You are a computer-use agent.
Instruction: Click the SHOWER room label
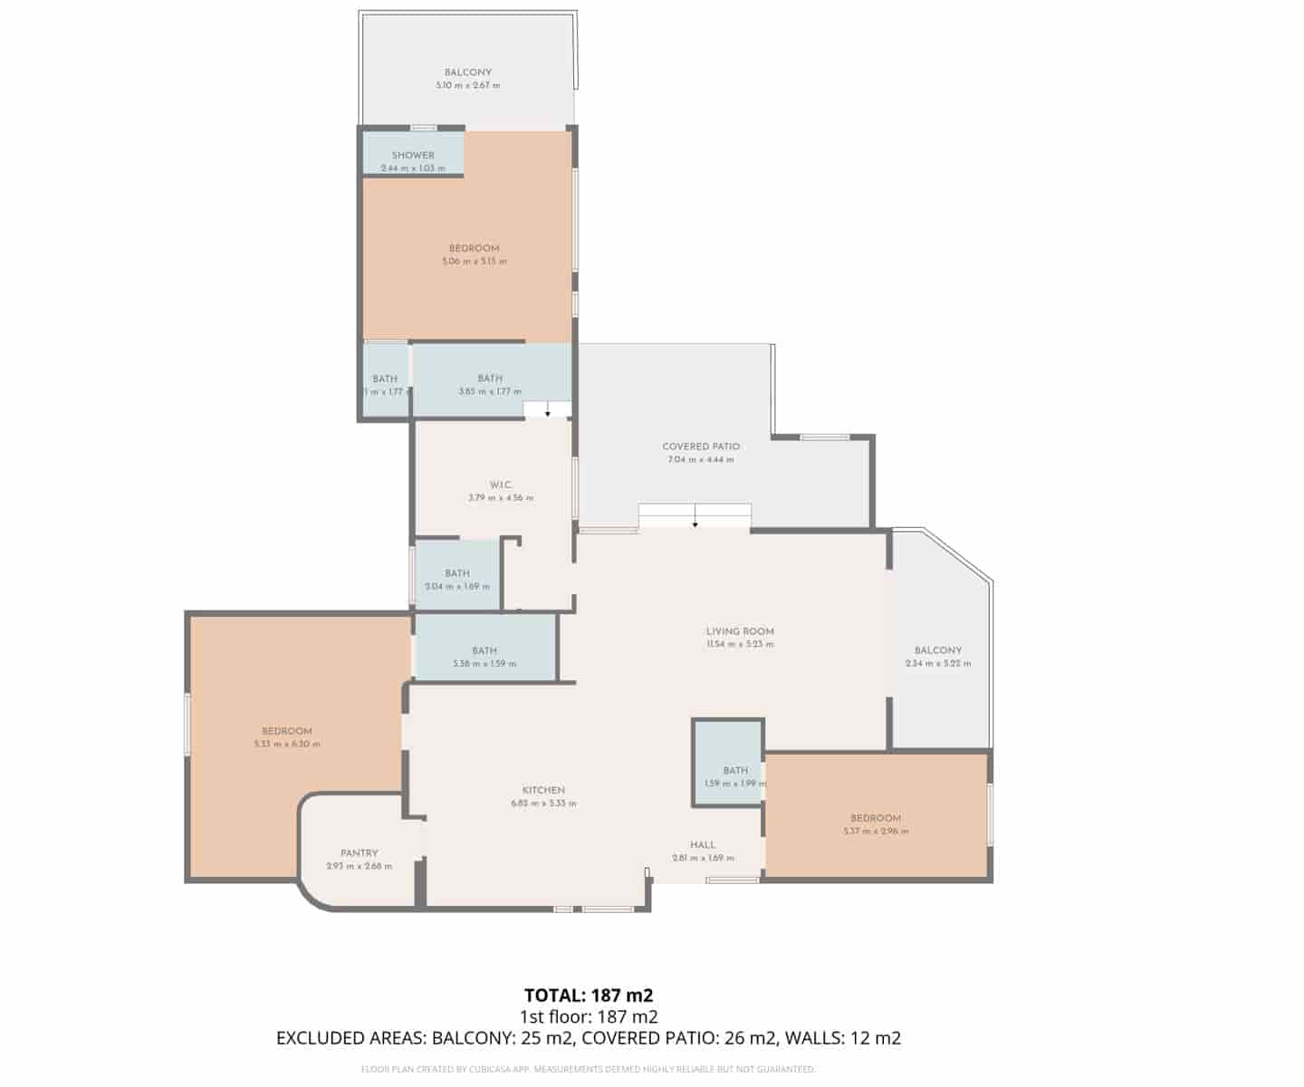[x=413, y=155]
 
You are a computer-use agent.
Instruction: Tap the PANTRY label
[x=360, y=853]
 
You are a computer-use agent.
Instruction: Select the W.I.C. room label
[x=501, y=485]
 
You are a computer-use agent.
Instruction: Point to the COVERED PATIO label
[x=701, y=447]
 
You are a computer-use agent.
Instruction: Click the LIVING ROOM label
[x=740, y=631]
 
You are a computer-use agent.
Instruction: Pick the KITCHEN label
[x=543, y=790]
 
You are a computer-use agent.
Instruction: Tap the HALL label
[x=703, y=845]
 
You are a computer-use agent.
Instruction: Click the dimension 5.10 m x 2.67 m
[x=468, y=85]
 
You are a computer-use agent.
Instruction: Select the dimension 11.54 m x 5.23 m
[x=740, y=645]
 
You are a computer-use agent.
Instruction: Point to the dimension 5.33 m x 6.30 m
[x=287, y=745]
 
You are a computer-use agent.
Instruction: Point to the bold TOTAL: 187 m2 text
[x=589, y=996]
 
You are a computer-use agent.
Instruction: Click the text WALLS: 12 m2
[x=843, y=1038]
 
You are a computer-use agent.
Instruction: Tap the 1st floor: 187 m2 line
[x=589, y=1016]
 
